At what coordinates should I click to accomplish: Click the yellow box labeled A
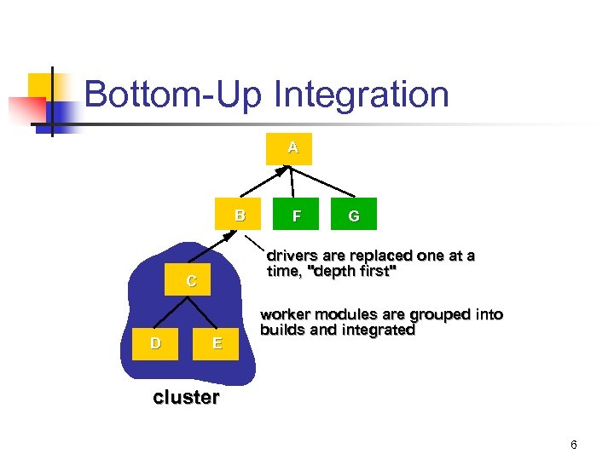point(293,148)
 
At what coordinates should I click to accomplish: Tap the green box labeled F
point(296,216)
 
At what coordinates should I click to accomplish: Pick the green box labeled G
point(354,216)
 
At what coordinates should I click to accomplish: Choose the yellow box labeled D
point(155,344)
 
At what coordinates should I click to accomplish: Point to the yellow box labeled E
point(217,344)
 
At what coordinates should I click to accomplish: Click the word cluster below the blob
point(186,397)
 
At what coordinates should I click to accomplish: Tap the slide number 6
point(574,445)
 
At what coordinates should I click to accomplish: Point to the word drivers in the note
point(291,256)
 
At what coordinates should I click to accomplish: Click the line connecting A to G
point(328,181)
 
